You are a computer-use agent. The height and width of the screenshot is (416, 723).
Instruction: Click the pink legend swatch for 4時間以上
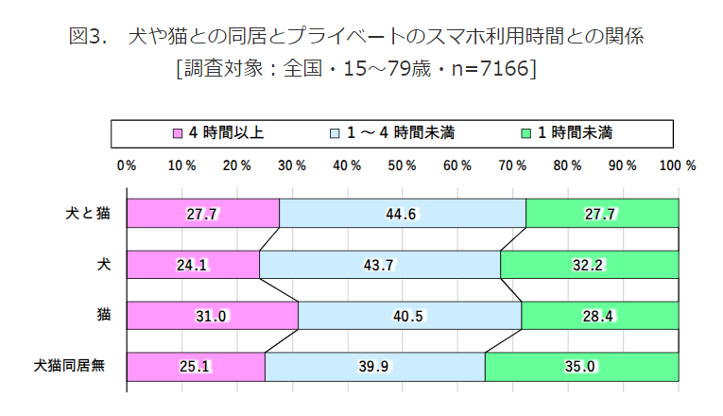(x=176, y=133)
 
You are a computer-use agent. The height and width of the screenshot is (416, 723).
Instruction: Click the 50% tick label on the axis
(x=402, y=165)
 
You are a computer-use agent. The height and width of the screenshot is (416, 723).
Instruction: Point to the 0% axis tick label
(x=127, y=165)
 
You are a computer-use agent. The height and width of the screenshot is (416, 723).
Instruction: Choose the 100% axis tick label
(x=678, y=165)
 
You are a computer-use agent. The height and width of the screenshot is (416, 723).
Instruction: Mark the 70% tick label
(x=512, y=165)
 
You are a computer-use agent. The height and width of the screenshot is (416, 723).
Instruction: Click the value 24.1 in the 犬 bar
(x=192, y=266)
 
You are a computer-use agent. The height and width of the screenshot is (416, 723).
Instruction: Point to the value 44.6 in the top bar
(x=402, y=215)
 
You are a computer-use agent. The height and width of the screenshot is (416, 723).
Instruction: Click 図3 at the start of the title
(x=88, y=37)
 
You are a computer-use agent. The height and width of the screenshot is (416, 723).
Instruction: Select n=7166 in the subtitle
(x=489, y=68)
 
